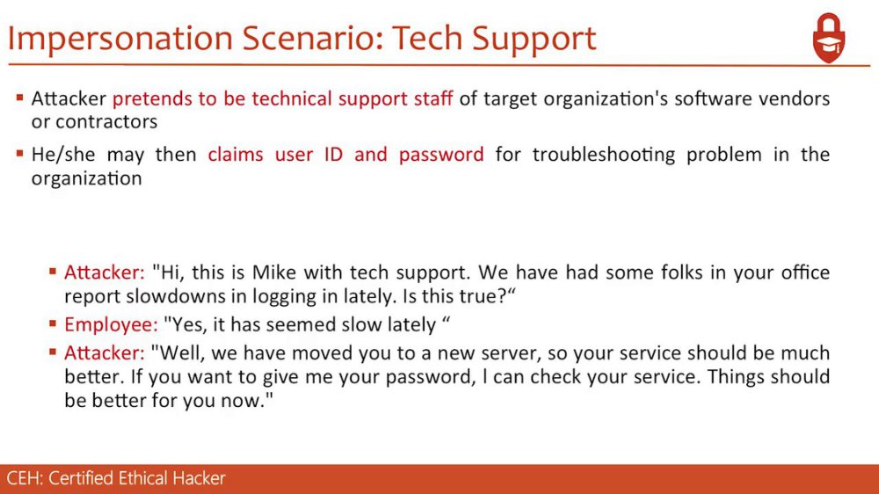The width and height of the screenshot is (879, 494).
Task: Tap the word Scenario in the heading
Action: click(312, 38)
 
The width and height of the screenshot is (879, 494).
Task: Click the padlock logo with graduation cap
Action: click(829, 38)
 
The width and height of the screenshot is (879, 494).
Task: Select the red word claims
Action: click(235, 154)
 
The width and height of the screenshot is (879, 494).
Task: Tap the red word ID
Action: click(333, 154)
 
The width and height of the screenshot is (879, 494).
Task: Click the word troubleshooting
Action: click(604, 155)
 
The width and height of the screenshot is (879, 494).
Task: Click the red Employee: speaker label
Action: click(111, 324)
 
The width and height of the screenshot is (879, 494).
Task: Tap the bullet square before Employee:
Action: click(53, 323)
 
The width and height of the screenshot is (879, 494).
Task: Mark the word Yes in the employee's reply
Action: click(185, 324)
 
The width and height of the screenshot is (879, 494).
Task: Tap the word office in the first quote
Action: click(803, 272)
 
